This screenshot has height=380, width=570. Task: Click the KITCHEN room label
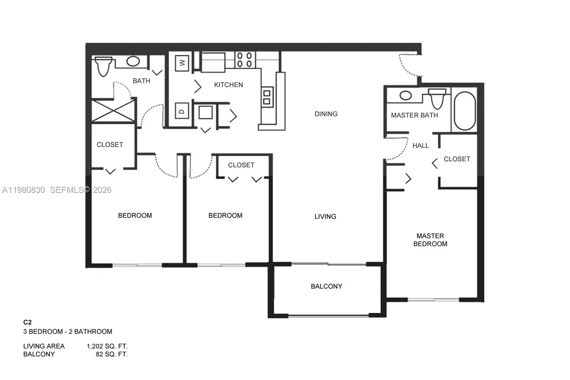pos(228,85)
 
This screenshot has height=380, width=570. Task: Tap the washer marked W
pos(182,63)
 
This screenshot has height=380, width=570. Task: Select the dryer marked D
pos(182,111)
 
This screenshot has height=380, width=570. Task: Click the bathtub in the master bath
pos(465,111)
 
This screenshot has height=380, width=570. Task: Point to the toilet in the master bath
pos(437,98)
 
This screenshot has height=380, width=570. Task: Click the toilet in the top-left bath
pos(103,67)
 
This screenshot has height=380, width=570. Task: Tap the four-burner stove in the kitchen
pos(244,60)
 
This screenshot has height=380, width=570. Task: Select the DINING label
pos(326,114)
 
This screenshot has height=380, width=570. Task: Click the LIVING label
pos(325,216)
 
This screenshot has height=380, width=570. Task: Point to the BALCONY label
pos(326,286)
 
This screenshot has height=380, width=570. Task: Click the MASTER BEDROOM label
pos(430,240)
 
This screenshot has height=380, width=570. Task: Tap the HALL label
pos(420,145)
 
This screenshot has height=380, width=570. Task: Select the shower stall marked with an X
pos(113,111)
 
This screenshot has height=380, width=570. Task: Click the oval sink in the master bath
pos(405,95)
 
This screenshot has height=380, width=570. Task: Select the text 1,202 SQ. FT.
pos(107,346)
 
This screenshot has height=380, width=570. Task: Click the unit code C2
pos(27,322)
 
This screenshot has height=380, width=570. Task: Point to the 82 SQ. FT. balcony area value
pos(111,354)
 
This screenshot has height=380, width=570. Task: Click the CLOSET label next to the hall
pos(457,159)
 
